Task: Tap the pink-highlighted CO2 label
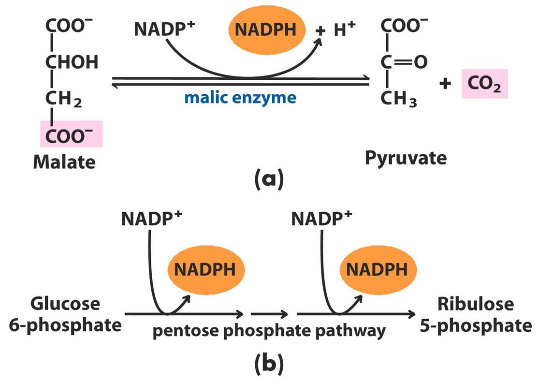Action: [x=485, y=85]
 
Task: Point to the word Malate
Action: [x=64, y=162]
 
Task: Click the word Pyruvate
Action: [x=406, y=158]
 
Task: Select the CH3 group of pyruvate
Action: [x=399, y=99]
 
